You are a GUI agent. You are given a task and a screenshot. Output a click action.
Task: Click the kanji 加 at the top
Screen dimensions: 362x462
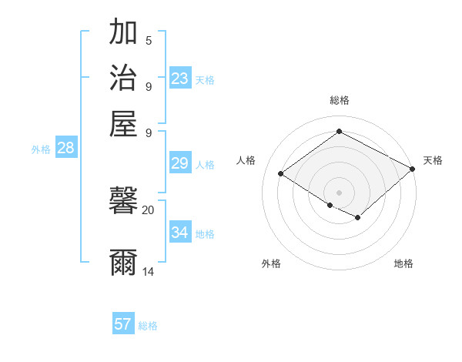click(x=123, y=32)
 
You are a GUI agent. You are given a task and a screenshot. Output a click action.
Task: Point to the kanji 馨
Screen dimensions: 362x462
click(x=123, y=203)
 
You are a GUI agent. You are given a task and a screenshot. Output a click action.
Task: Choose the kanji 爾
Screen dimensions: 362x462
click(x=123, y=262)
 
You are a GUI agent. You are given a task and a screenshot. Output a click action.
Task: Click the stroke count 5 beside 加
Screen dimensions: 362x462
click(x=149, y=41)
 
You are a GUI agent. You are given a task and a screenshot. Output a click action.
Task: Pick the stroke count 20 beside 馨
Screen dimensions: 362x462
click(x=148, y=209)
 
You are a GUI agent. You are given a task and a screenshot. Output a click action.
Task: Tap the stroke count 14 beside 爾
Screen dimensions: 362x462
click(x=149, y=271)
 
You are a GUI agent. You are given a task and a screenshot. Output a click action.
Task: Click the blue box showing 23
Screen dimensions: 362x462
click(x=179, y=79)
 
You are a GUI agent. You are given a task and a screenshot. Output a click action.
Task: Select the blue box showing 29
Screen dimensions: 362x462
click(x=179, y=163)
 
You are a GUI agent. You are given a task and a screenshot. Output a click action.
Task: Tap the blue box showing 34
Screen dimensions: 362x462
click(x=179, y=233)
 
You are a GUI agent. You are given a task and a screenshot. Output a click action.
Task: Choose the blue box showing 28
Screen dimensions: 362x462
click(x=65, y=149)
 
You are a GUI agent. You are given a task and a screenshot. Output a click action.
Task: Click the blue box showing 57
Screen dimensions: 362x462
click(x=122, y=324)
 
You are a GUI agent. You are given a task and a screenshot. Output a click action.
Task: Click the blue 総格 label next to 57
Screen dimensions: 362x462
click(x=148, y=326)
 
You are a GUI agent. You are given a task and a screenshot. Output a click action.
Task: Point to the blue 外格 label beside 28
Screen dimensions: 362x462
click(x=41, y=150)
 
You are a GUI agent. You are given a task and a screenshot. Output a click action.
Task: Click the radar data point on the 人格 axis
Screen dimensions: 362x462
click(x=281, y=174)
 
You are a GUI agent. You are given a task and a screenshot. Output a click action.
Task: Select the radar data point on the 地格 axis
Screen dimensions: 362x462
click(x=358, y=218)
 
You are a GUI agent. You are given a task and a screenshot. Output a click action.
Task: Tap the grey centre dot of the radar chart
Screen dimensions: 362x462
click(x=339, y=192)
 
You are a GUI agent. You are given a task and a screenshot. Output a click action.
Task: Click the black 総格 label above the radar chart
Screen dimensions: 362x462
click(x=339, y=100)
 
